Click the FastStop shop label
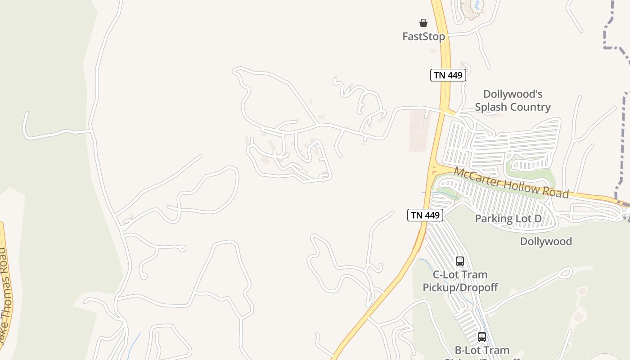tap(423, 37)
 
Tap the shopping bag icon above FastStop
tap(423, 23)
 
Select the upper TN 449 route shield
tap(448, 75)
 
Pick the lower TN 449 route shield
tap(425, 215)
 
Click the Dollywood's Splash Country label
tap(513, 101)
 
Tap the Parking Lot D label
tap(508, 219)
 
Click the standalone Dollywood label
tap(546, 242)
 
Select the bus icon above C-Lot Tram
tap(459, 261)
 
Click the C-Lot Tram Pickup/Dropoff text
tap(460, 281)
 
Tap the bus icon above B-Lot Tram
tap(482, 337)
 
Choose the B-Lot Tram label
tap(482, 350)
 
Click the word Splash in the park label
tap(492, 107)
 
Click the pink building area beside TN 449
tap(419, 130)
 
